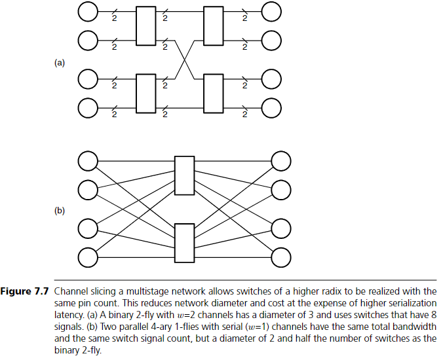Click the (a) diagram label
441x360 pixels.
point(60,63)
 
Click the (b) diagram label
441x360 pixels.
point(60,211)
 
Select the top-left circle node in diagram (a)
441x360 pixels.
point(88,11)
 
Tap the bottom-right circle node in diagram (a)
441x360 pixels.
point(271,107)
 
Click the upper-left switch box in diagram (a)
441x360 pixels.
point(145,26)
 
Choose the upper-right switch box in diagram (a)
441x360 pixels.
point(214,26)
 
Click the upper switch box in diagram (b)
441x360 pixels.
point(184,175)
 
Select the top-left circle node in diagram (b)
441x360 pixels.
point(87,160)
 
